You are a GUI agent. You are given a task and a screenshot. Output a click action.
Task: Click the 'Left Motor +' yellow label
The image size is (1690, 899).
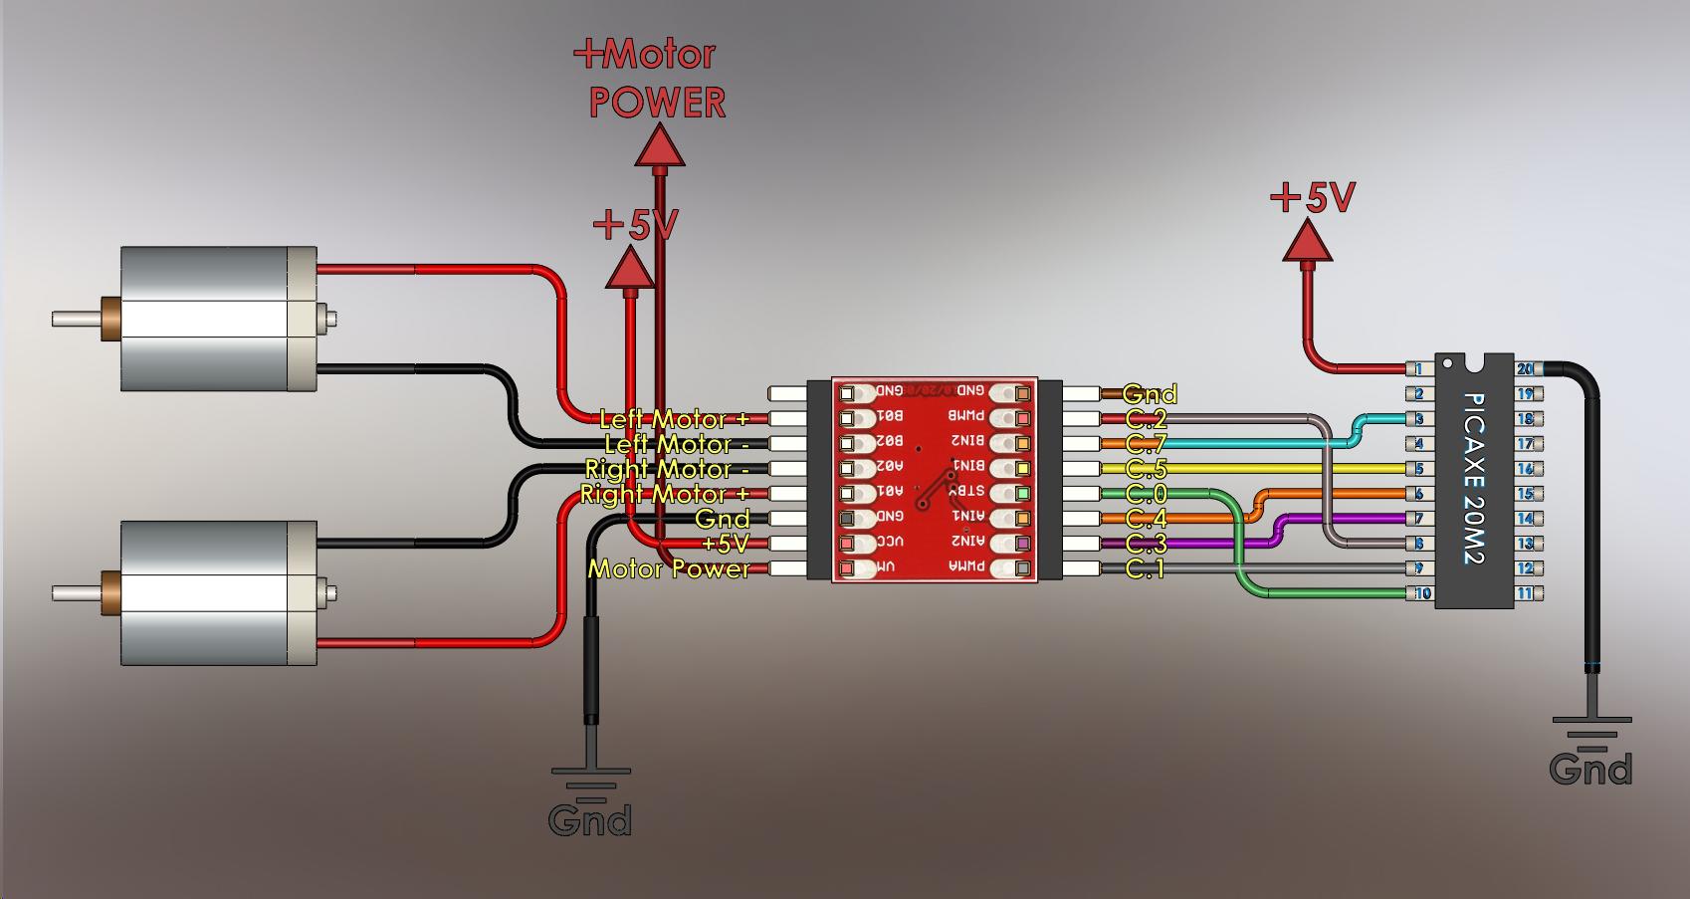pyautogui.click(x=674, y=419)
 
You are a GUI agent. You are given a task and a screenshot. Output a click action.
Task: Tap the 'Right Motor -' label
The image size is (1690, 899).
pyautogui.click(x=666, y=469)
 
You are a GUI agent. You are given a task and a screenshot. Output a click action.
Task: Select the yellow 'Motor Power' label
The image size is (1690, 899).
pyautogui.click(x=669, y=568)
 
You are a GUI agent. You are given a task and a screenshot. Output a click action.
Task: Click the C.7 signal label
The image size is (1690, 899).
pyautogui.click(x=1146, y=444)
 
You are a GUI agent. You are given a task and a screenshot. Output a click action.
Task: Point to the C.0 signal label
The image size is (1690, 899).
pyautogui.click(x=1146, y=494)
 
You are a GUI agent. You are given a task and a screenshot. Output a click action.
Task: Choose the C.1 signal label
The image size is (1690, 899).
pyautogui.click(x=1145, y=568)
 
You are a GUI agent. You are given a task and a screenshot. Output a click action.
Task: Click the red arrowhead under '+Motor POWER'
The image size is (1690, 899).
pyautogui.click(x=660, y=146)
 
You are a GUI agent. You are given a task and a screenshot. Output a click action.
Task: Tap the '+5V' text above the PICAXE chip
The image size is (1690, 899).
pyautogui.click(x=1313, y=197)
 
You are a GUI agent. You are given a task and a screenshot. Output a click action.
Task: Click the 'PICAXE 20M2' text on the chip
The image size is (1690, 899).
pyautogui.click(x=1474, y=479)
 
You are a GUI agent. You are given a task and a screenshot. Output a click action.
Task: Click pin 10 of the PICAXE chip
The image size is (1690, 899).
pyautogui.click(x=1421, y=594)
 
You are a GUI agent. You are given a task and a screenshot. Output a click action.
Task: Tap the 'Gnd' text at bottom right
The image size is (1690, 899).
pyautogui.click(x=1590, y=770)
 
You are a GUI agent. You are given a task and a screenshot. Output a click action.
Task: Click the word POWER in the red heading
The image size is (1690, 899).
pyautogui.click(x=657, y=103)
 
